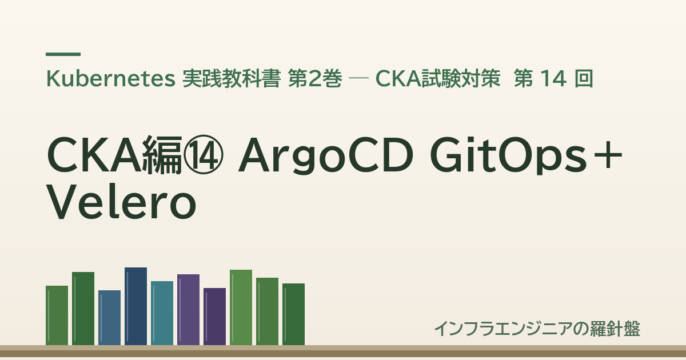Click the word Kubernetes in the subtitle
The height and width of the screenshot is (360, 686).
110,79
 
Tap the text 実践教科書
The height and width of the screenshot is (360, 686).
232,79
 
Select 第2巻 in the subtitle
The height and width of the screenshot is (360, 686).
315,79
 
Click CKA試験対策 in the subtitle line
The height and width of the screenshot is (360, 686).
438,79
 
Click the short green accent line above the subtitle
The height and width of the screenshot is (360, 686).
63,54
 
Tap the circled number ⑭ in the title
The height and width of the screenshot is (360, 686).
203,155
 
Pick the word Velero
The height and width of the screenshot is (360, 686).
121,202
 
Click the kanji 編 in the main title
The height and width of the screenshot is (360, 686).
162,155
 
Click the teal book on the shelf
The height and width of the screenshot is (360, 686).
162,313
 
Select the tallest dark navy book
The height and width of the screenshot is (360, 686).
135,306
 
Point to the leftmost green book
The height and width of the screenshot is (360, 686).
57,315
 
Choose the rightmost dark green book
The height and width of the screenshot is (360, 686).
293,314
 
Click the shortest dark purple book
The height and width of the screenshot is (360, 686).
215,317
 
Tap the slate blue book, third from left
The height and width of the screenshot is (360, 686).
109,318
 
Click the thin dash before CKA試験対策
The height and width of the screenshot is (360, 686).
358,79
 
